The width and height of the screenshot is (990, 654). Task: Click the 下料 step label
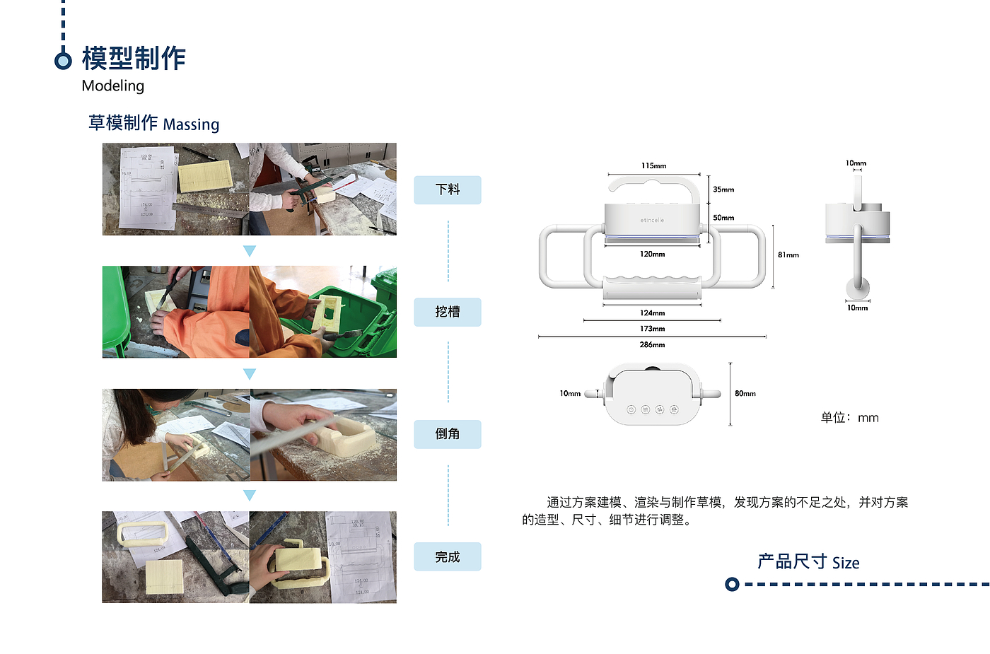pyautogui.click(x=447, y=189)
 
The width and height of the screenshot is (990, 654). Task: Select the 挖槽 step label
pyautogui.click(x=447, y=312)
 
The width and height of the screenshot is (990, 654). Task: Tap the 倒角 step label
pyautogui.click(x=447, y=434)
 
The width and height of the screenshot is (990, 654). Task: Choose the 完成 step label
pyautogui.click(x=447, y=557)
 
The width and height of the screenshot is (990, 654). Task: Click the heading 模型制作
pyautogui.click(x=134, y=58)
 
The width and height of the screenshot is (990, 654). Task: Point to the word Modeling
pyautogui.click(x=113, y=86)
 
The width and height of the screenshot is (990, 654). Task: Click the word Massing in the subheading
pyautogui.click(x=191, y=124)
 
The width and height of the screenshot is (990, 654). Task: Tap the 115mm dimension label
pyautogui.click(x=653, y=166)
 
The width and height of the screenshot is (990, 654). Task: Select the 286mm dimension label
pyautogui.click(x=652, y=345)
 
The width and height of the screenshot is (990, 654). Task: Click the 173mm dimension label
pyautogui.click(x=652, y=329)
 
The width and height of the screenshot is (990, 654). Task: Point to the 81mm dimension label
pyautogui.click(x=788, y=255)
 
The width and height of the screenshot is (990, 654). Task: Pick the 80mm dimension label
pyautogui.click(x=745, y=394)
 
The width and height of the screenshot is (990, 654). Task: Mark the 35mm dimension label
pyautogui.click(x=723, y=189)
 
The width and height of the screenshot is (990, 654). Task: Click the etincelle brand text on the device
pyautogui.click(x=652, y=221)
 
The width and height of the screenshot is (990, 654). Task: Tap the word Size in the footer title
pyautogui.click(x=846, y=564)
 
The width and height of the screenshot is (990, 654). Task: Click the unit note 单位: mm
pyautogui.click(x=849, y=418)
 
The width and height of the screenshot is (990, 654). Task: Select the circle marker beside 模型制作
pyautogui.click(x=63, y=61)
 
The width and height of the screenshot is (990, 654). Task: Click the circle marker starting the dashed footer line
pyautogui.click(x=732, y=584)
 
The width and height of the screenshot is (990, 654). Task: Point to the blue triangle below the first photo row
pyautogui.click(x=249, y=251)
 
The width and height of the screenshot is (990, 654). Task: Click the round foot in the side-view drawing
pyautogui.click(x=858, y=287)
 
